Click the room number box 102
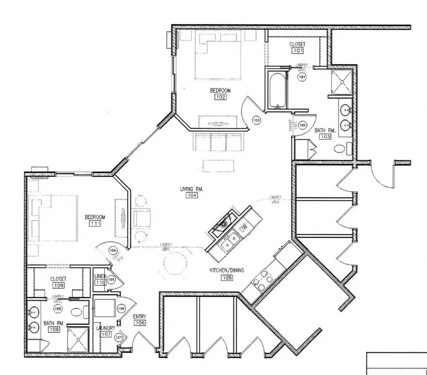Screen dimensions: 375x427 click(220, 97)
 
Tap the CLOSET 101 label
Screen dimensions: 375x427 click(297, 45)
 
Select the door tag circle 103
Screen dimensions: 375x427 click(256, 120)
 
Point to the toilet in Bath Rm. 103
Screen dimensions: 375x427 click(339, 149)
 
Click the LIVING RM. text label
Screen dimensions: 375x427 click(192, 189)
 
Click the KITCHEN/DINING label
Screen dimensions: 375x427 click(227, 270)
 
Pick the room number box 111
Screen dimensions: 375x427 click(95, 223)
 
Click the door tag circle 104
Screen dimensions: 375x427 click(113, 250)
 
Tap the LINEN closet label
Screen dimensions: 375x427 click(100, 276)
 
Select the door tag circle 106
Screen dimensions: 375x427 click(121, 308)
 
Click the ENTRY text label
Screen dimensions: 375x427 click(140, 317)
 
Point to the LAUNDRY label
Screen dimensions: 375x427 click(106, 328)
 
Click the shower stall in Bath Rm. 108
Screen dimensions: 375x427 click(78, 340)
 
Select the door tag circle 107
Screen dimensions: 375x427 click(119, 337)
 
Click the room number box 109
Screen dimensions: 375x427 click(59, 285)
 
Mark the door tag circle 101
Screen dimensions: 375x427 click(302, 77)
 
